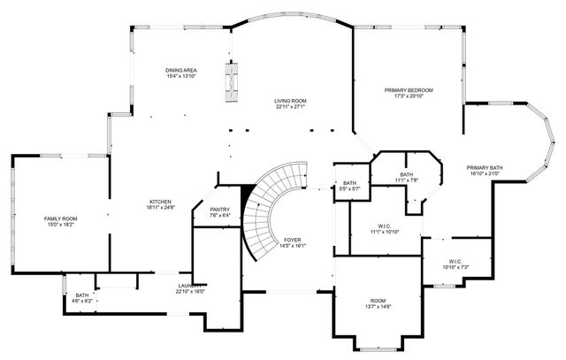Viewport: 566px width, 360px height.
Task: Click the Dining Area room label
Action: pyautogui.click(x=180, y=70)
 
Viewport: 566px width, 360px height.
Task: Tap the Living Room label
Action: pyautogui.click(x=289, y=101)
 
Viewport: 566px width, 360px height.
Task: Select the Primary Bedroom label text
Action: pyautogui.click(x=408, y=90)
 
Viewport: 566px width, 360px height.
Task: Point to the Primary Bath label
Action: pyautogui.click(x=484, y=167)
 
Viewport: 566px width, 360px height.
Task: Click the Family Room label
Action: pyautogui.click(x=61, y=218)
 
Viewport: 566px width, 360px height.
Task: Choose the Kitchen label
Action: pyautogui.click(x=160, y=201)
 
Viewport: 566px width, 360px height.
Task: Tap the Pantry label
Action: pyautogui.click(x=219, y=209)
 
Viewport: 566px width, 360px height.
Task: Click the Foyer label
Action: pyautogui.click(x=293, y=240)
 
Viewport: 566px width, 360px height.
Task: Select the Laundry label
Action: pyautogui.click(x=188, y=286)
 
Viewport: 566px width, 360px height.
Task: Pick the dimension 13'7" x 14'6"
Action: pyautogui.click(x=378, y=306)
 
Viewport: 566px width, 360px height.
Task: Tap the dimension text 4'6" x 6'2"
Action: pyautogui.click(x=81, y=301)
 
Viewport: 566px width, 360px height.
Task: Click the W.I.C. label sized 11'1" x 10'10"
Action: pyautogui.click(x=385, y=231)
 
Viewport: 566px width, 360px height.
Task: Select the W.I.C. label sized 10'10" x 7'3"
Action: pyautogui.click(x=455, y=266)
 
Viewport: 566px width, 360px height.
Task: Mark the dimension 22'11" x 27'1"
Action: pyautogui.click(x=289, y=107)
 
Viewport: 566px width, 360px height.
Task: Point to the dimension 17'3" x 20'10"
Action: pyautogui.click(x=408, y=96)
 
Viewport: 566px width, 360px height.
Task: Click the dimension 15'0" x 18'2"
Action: pyautogui.click(x=61, y=224)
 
